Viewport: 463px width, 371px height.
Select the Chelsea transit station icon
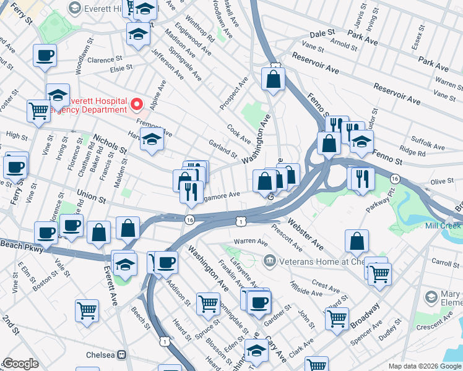[122, 355]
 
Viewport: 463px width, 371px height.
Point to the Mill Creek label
[443, 226]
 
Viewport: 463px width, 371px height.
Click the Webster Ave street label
[305, 232]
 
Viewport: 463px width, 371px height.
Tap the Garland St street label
[222, 149]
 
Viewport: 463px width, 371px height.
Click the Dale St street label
[322, 32]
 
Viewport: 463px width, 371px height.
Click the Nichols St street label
[110, 146]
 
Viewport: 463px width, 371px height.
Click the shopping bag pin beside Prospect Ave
[272, 79]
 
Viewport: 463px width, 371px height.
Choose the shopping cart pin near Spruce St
[208, 303]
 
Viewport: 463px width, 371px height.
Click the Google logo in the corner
[20, 364]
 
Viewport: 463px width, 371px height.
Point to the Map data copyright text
[424, 365]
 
